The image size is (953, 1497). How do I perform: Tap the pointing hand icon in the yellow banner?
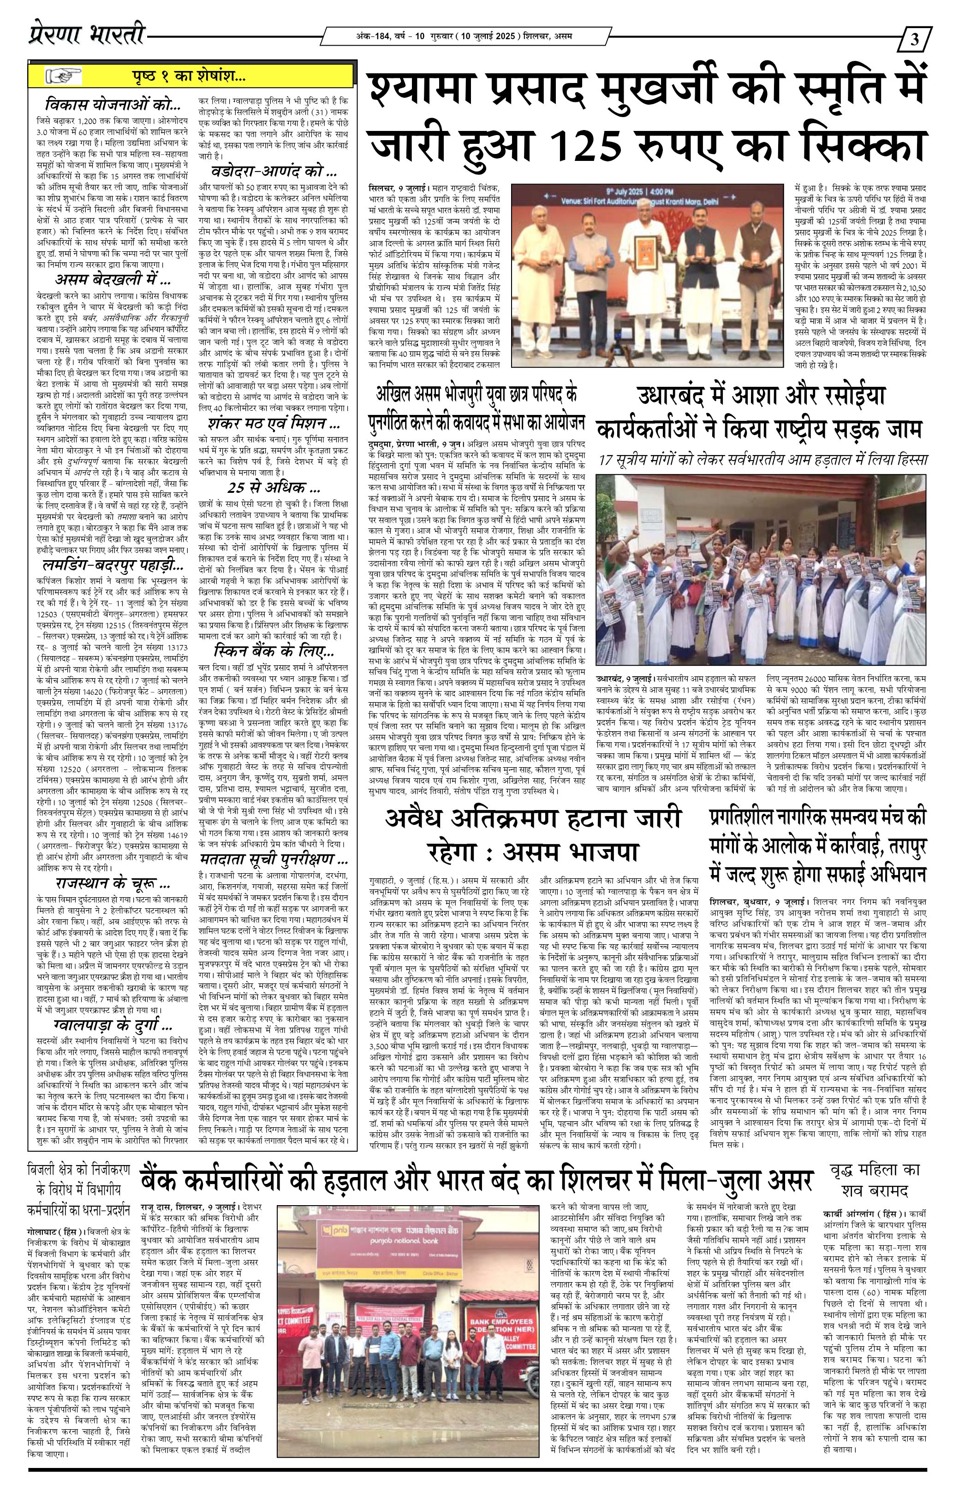point(64,77)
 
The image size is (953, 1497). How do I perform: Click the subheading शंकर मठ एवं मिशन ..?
point(273,425)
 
